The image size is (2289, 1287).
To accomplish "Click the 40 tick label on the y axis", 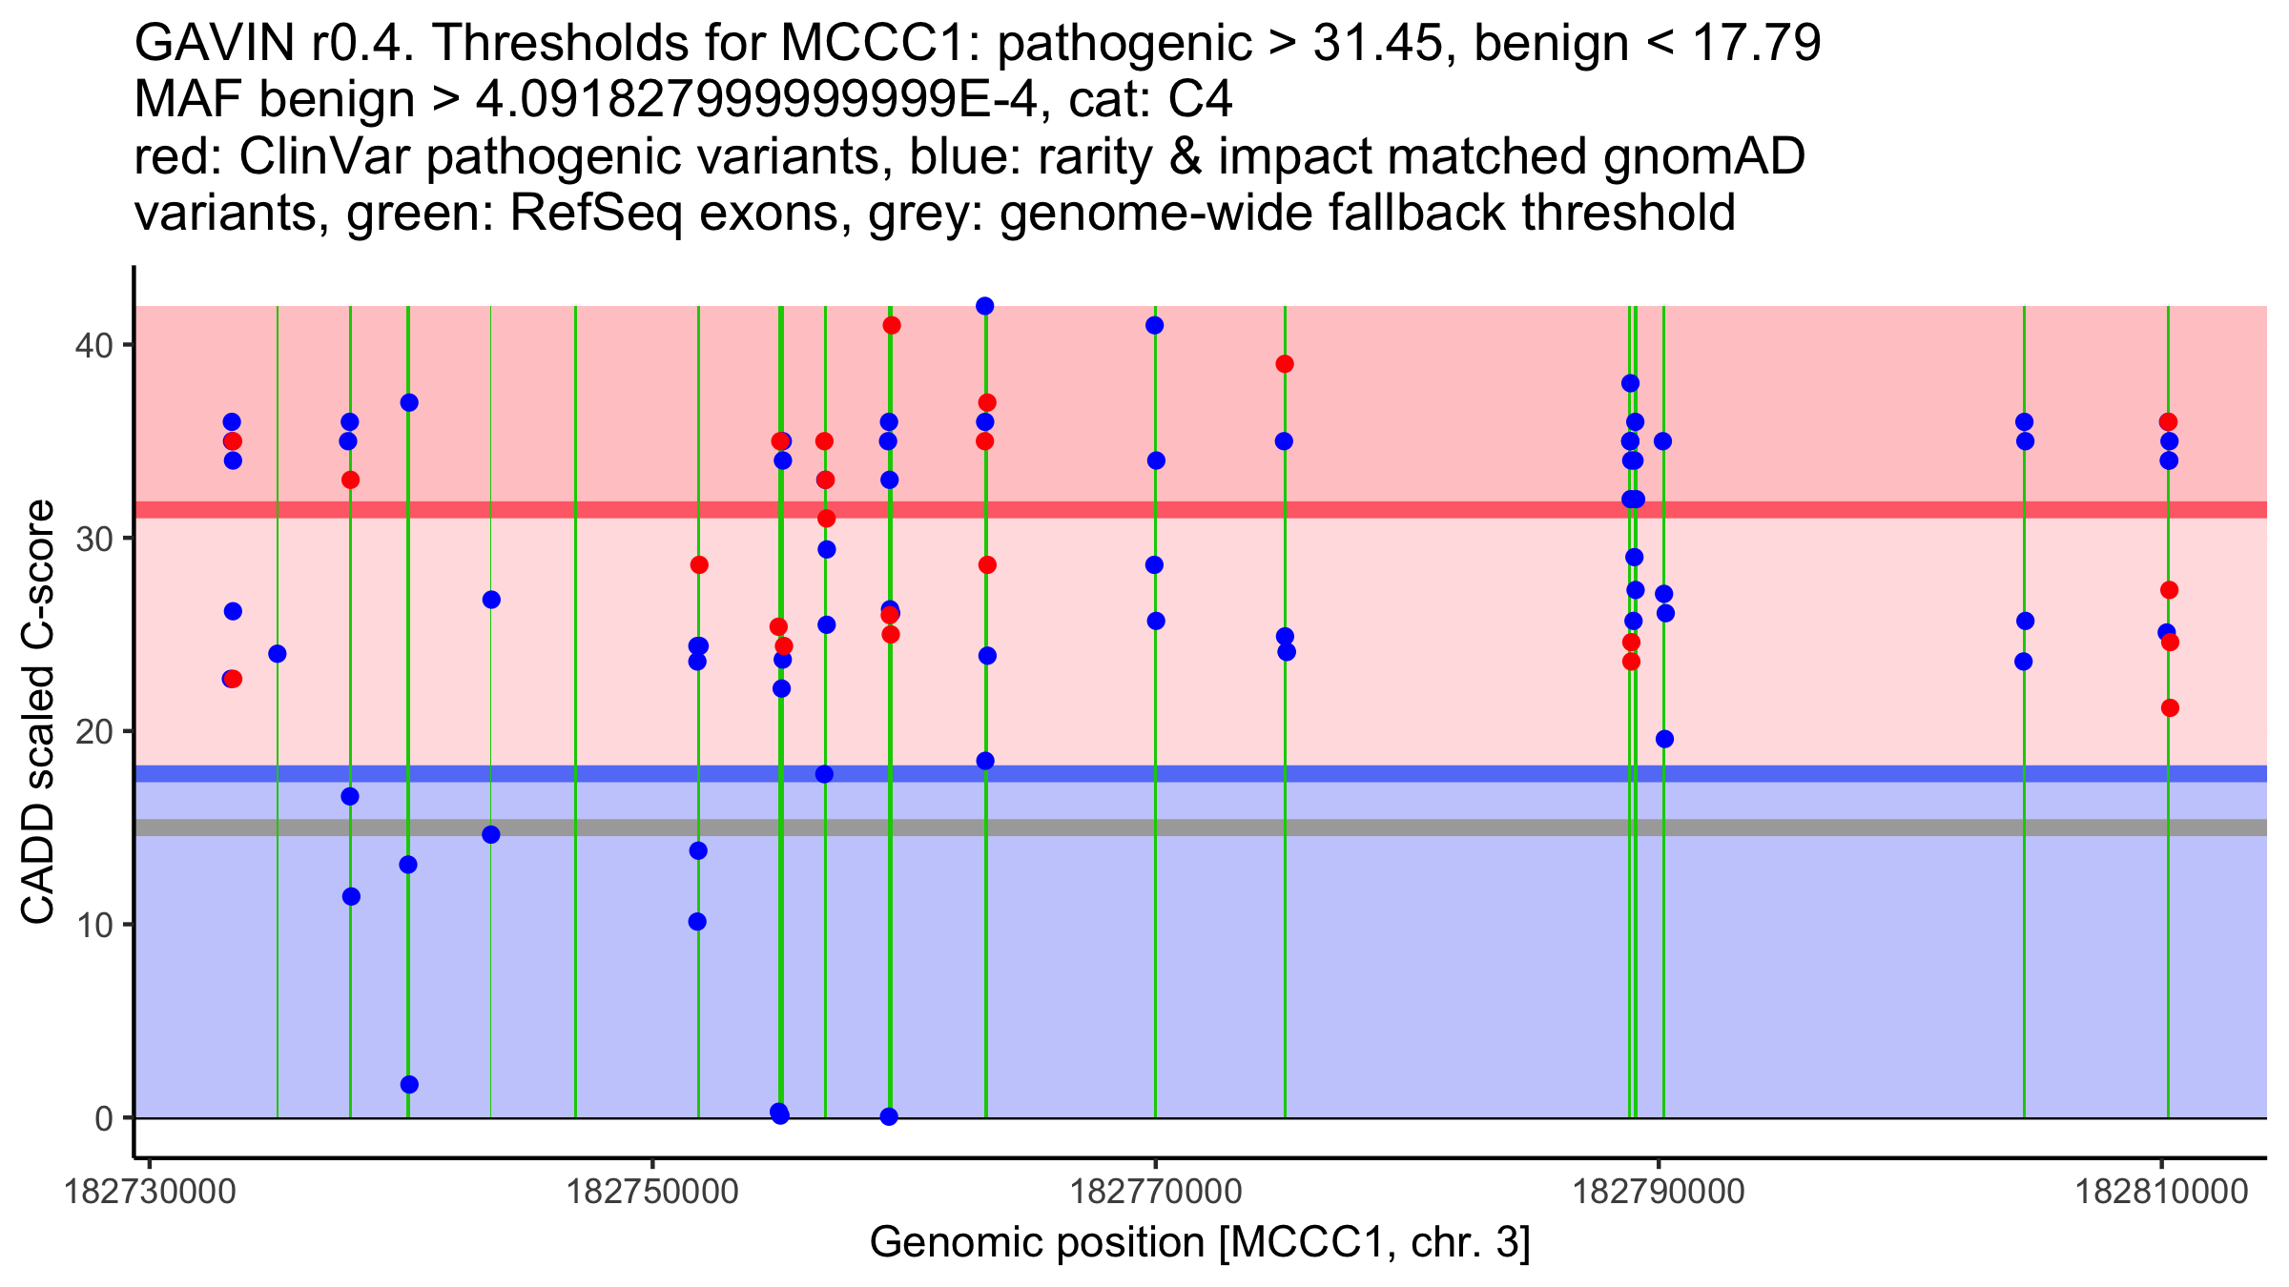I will (x=93, y=345).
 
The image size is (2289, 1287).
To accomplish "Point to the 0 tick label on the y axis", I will (x=104, y=1118).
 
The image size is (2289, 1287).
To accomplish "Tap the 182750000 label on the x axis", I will (x=652, y=1193).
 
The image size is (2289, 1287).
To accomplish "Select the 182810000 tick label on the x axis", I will (x=2162, y=1193).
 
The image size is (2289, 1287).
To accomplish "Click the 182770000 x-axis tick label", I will (x=1156, y=1193).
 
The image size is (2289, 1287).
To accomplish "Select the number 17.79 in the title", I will (x=1757, y=44).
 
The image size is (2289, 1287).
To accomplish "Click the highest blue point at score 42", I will (x=985, y=306).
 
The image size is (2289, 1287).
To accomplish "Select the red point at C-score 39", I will (x=1285, y=364).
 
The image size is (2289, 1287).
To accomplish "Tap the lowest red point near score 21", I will (x=2170, y=707).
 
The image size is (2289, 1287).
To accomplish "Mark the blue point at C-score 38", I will (x=1630, y=383).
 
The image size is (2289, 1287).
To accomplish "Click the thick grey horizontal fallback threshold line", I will (x=1202, y=827).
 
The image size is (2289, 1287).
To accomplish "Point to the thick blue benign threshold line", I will (x=1202, y=774).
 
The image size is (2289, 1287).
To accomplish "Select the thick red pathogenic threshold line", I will (x=1202, y=510).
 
